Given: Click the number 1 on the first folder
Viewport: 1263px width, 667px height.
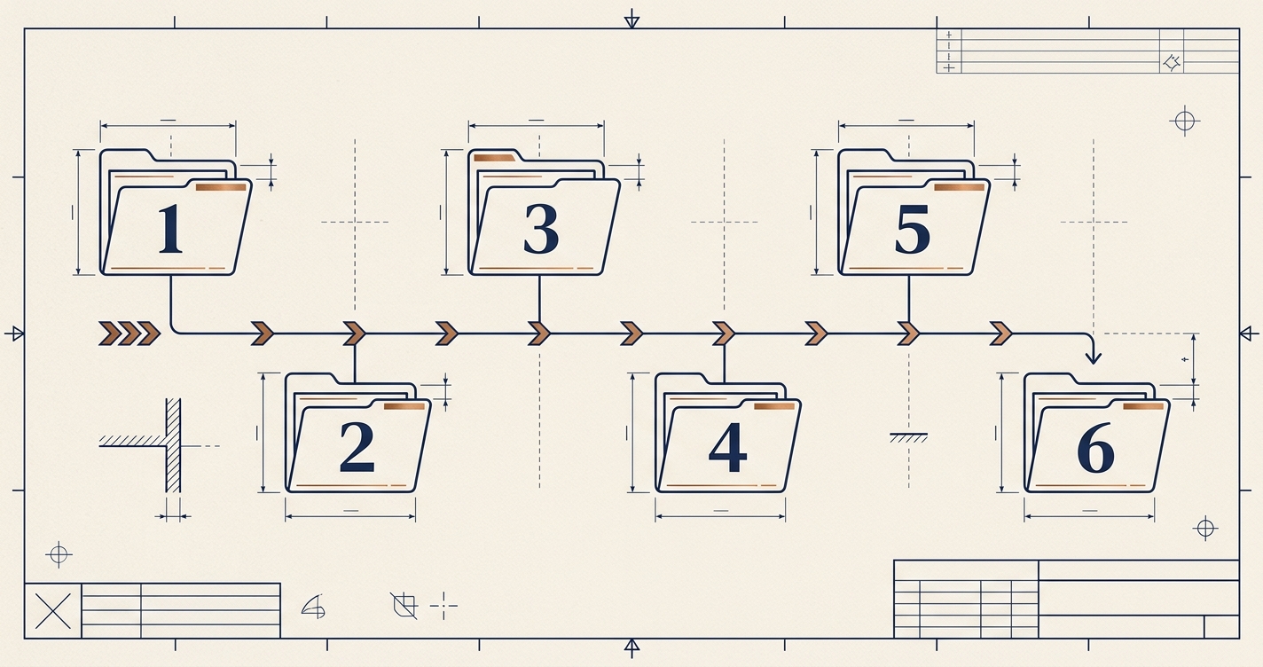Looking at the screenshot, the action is [170, 228].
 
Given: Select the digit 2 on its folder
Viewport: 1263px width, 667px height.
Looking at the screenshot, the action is [357, 447].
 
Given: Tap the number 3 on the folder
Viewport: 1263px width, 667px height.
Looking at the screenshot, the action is [541, 228].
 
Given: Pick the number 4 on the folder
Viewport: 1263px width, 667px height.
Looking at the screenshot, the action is [728, 447].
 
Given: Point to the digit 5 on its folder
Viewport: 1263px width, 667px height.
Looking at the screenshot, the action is [913, 229].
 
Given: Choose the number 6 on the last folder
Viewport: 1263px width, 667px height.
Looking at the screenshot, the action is [1095, 448].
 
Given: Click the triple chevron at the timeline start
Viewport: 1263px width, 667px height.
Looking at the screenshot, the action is [129, 333].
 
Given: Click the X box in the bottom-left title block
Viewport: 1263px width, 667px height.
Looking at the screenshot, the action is [53, 610].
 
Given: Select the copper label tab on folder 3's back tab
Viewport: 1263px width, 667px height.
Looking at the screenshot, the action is [494, 158].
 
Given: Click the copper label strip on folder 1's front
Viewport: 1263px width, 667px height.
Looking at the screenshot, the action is [221, 187].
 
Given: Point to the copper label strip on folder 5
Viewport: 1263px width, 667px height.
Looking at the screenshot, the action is [959, 187].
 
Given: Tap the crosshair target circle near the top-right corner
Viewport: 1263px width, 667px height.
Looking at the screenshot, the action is [1185, 121].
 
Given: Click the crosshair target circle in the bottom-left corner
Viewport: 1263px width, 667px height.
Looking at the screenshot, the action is [59, 554].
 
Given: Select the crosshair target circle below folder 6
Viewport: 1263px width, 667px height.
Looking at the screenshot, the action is [1205, 529].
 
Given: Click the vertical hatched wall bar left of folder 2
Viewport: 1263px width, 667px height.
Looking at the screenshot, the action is [174, 445].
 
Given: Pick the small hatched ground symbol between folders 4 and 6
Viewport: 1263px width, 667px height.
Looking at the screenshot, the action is [908, 437].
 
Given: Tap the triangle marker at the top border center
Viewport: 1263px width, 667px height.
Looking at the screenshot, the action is [632, 21].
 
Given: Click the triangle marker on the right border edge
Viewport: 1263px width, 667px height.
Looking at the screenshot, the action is [1245, 333].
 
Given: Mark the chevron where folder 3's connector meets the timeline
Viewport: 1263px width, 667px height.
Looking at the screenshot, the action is [539, 333].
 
